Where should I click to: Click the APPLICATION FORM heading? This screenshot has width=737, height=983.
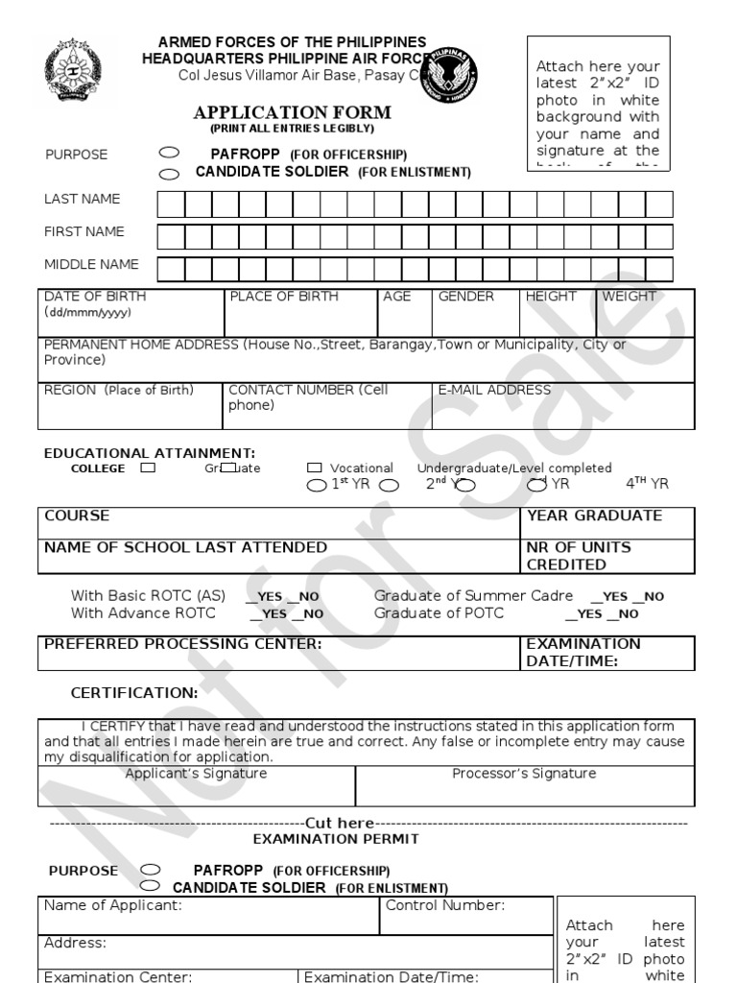tap(292, 113)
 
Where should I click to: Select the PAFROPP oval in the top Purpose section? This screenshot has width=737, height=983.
tap(169, 153)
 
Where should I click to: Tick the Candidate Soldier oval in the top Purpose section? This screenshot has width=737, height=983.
tap(169, 174)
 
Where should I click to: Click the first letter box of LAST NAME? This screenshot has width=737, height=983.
tap(170, 204)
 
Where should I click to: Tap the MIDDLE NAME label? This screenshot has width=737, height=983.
tap(91, 264)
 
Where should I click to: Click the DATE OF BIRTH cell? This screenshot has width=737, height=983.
tap(131, 311)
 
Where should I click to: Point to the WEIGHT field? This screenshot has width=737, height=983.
tap(645, 311)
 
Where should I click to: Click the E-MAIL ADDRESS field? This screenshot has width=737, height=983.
tap(562, 405)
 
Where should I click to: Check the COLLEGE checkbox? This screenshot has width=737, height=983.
tap(147, 468)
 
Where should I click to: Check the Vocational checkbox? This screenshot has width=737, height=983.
tap(315, 468)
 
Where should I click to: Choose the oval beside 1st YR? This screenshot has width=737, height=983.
tap(316, 485)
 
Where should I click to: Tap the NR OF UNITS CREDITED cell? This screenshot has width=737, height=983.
tap(607, 556)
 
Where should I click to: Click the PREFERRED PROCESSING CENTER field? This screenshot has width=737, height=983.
tap(279, 652)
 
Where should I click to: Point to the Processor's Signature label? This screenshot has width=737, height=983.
tap(524, 773)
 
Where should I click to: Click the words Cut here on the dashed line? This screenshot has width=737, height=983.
tap(340, 823)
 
